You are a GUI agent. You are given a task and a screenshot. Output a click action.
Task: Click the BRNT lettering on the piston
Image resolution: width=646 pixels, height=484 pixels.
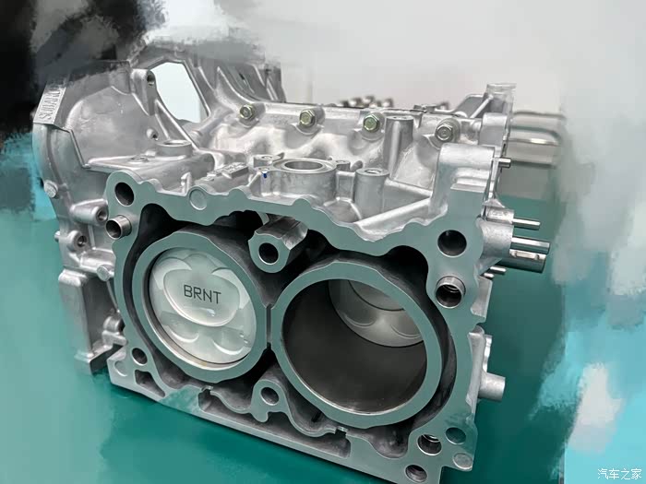202,293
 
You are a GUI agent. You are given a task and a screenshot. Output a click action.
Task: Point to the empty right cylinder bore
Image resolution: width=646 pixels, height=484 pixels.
357,345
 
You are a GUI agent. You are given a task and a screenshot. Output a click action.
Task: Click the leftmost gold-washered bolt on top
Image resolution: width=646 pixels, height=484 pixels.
246,112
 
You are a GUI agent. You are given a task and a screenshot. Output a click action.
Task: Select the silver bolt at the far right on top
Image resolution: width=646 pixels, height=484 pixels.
444,131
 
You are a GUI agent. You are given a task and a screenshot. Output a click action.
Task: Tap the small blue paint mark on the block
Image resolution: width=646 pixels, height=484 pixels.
264,175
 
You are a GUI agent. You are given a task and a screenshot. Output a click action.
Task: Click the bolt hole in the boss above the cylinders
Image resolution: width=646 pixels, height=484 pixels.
268,253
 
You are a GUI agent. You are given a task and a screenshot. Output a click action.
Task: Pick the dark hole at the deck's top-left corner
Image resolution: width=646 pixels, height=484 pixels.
124,194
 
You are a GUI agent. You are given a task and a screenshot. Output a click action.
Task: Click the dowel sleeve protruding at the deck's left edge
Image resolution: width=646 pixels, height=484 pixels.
117,227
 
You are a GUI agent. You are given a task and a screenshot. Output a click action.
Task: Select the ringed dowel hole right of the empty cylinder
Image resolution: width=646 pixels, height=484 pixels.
449,292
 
